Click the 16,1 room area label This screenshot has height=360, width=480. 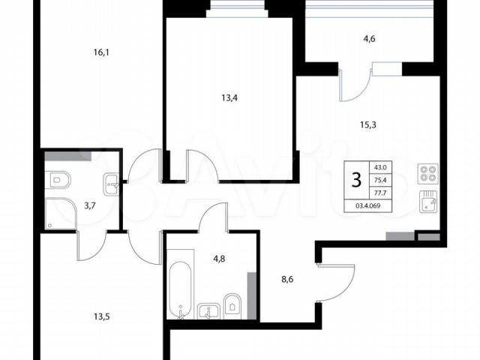tap(101, 52)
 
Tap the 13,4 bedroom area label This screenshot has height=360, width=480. tap(229, 98)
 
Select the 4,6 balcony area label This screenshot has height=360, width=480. tap(369, 39)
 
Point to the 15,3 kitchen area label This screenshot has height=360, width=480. tap(368, 125)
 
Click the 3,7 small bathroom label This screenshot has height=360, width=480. tap(90, 205)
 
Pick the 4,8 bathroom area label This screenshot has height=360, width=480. tap(219, 259)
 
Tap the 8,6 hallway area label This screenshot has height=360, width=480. tap(287, 280)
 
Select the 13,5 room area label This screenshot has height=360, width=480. tap(102, 316)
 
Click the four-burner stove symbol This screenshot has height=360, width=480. tap(428, 174)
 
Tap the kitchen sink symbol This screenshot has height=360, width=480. tap(428, 201)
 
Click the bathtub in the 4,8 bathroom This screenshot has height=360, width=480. tap(180, 289)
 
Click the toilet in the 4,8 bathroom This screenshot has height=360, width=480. tap(232, 304)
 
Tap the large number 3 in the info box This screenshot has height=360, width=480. tap(357, 180)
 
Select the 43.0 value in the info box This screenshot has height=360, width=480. tap(380, 167)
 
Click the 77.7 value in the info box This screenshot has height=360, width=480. tap(380, 193)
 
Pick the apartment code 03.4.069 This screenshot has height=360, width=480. tap(368, 206)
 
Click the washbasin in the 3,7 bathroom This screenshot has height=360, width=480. tap(111, 184)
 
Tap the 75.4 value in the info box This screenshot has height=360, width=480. tap(380, 180)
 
